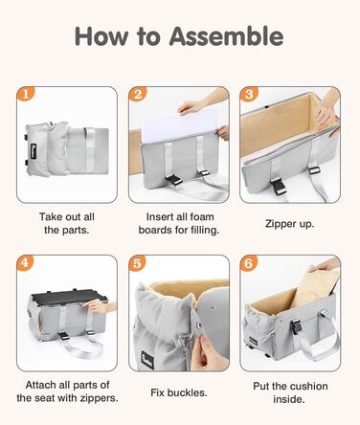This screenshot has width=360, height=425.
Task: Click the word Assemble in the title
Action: [x=226, y=36]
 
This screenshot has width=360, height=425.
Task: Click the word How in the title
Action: [x=101, y=36]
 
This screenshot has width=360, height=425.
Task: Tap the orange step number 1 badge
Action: [x=25, y=95]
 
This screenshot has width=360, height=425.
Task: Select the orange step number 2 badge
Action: [x=138, y=95]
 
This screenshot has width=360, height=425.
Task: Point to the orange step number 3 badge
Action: [x=249, y=95]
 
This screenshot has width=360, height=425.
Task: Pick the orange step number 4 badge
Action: [x=25, y=263]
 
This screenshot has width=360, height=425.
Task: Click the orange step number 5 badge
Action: [x=138, y=263]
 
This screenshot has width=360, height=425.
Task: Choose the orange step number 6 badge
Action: [x=249, y=263]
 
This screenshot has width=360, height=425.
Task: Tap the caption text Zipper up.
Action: [x=290, y=224]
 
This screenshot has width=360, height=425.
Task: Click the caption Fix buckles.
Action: [x=179, y=392]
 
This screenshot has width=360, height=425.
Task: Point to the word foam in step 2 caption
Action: [x=200, y=217]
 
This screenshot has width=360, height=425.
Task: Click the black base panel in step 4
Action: [x=68, y=296]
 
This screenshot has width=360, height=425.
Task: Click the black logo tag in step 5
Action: [x=147, y=360]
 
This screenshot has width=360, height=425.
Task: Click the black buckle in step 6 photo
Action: [x=296, y=326]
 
